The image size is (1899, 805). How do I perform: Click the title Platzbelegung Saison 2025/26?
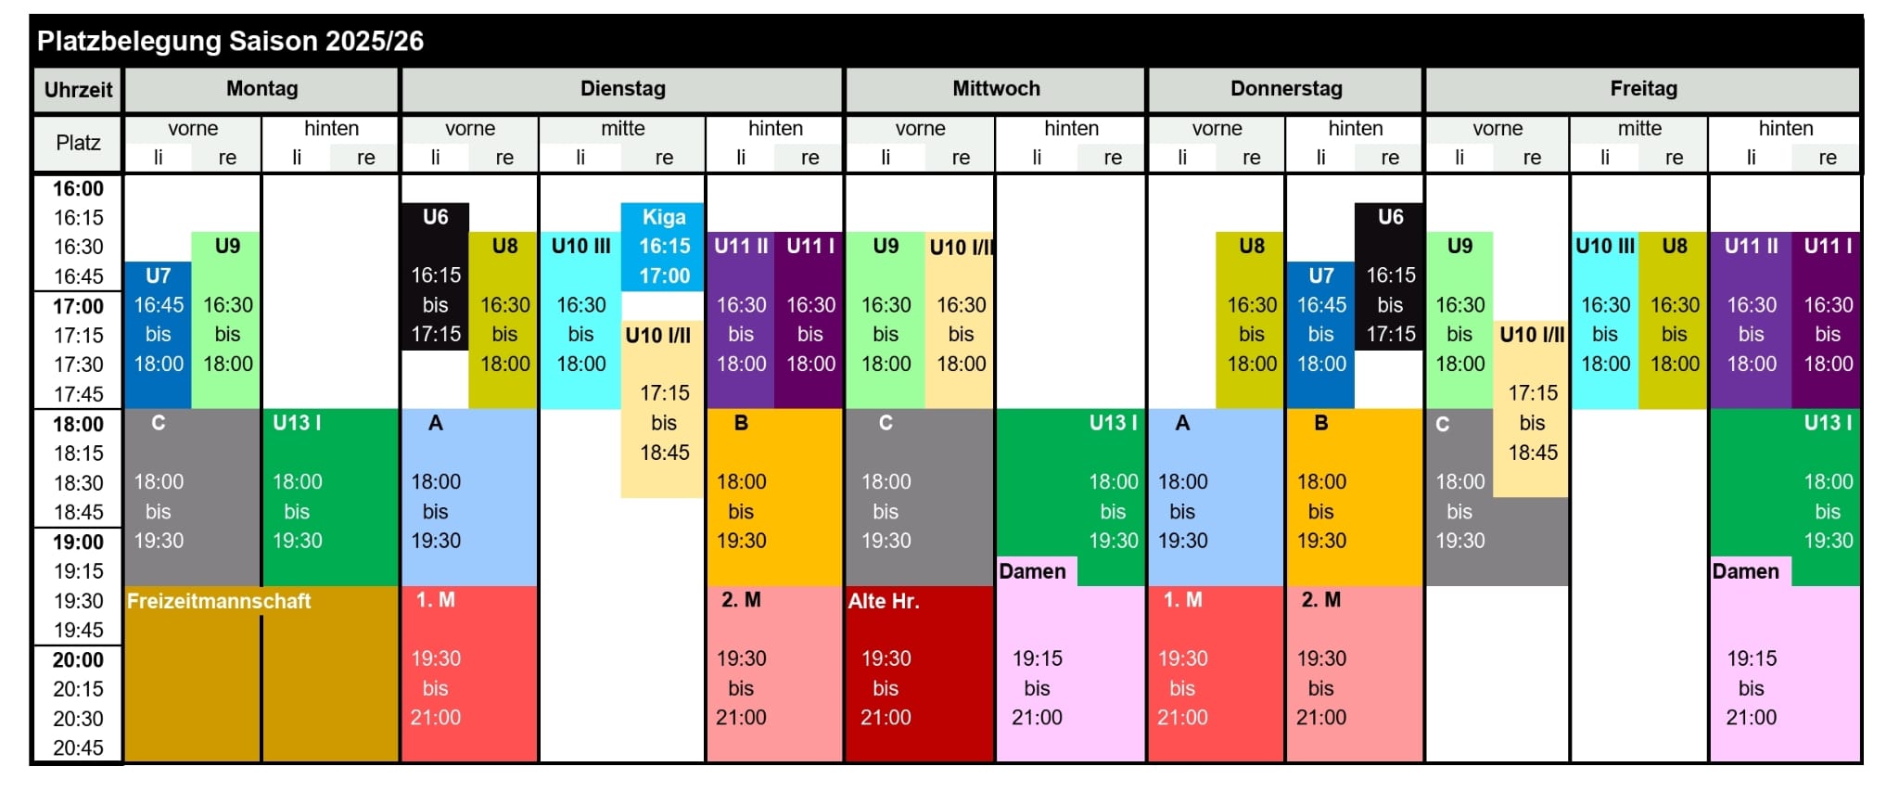click(x=230, y=41)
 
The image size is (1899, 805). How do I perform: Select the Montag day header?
click(x=261, y=89)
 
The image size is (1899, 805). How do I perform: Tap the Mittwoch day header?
click(x=996, y=89)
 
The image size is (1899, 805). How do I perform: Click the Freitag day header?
click(x=1643, y=89)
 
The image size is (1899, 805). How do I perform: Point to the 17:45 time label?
click(x=78, y=394)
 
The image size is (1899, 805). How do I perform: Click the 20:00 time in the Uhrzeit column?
click(x=78, y=659)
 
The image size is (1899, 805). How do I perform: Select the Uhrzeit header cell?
click(x=78, y=90)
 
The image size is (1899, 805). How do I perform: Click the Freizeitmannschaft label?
click(x=219, y=601)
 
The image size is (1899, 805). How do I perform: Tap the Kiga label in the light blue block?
click(x=664, y=217)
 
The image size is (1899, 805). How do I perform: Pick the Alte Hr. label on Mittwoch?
click(x=884, y=601)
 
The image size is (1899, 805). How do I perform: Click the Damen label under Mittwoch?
click(x=1032, y=571)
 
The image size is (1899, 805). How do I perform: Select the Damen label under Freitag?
click(x=1745, y=571)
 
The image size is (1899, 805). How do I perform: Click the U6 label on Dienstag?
click(x=435, y=217)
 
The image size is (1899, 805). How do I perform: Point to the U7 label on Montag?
click(x=158, y=275)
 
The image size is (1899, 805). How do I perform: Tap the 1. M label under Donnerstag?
click(x=1182, y=600)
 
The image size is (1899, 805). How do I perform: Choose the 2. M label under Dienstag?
click(x=741, y=600)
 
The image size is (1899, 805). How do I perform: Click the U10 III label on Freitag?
click(x=1605, y=246)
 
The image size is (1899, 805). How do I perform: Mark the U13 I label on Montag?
click(x=297, y=423)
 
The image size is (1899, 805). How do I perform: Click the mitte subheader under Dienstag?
click(x=622, y=129)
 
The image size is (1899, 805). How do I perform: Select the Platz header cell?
click(x=78, y=143)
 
